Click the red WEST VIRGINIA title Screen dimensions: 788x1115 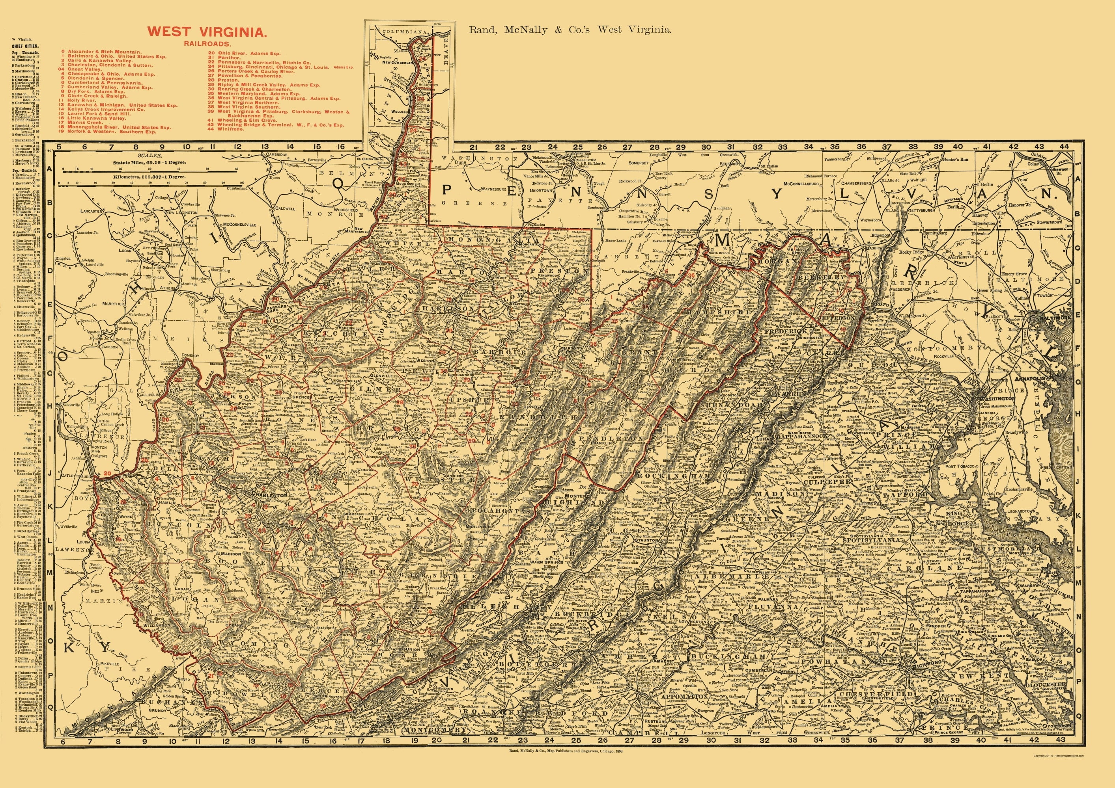click(207, 33)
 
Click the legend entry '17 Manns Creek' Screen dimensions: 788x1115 click(84, 123)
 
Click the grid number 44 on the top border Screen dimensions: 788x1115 click(1061, 147)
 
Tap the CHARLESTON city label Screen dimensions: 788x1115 click(270, 495)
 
